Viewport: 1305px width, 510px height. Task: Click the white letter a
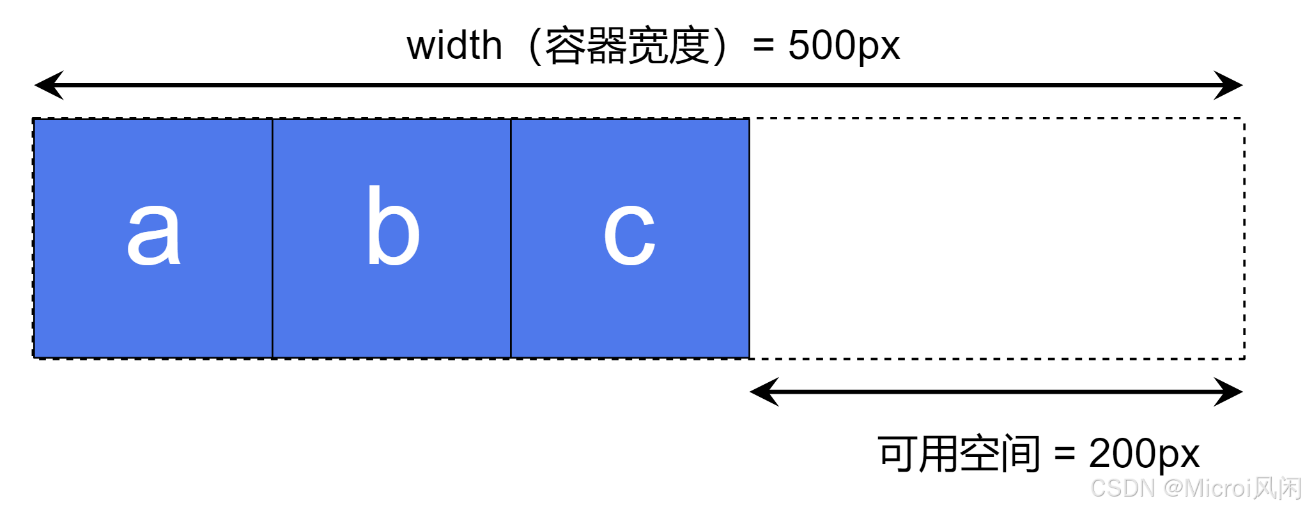coord(153,233)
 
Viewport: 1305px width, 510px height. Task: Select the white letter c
coord(629,233)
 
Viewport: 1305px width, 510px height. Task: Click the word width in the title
coord(454,45)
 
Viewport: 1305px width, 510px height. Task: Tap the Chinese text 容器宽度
coord(627,45)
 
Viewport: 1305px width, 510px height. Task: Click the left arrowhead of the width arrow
coord(49,85)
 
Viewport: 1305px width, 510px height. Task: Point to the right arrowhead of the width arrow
coord(1228,85)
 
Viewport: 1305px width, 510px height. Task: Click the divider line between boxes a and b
coord(272,238)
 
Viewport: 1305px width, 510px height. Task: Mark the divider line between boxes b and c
coord(511,238)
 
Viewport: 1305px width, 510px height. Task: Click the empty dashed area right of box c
coord(997,238)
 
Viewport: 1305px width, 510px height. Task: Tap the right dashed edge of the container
coord(1244,238)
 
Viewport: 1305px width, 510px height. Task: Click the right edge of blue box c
coord(749,238)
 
